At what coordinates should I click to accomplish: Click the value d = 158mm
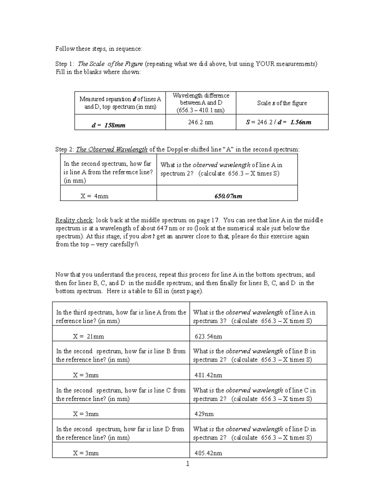pyautogui.click(x=108, y=125)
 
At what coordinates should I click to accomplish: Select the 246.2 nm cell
pyautogui.click(x=201, y=122)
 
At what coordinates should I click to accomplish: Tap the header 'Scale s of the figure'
pyautogui.click(x=282, y=103)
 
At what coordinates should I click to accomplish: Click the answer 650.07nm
pyautogui.click(x=228, y=196)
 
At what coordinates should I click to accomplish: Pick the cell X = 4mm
pyautogui.click(x=94, y=196)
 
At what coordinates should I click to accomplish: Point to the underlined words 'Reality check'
pyautogui.click(x=74, y=220)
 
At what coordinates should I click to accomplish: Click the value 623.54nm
pyautogui.click(x=208, y=336)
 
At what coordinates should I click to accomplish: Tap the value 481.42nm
pyautogui.click(x=208, y=375)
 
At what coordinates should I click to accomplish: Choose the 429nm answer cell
pyautogui.click(x=204, y=414)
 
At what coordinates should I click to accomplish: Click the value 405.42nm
pyautogui.click(x=208, y=453)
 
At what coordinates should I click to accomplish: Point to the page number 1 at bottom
pyautogui.click(x=188, y=464)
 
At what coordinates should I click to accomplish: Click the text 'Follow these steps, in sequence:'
pyautogui.click(x=99, y=49)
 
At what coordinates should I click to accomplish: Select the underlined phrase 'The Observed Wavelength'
pyautogui.click(x=112, y=149)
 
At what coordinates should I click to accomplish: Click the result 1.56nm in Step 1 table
pyautogui.click(x=301, y=122)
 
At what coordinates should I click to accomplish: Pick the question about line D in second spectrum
pyautogui.click(x=120, y=433)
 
